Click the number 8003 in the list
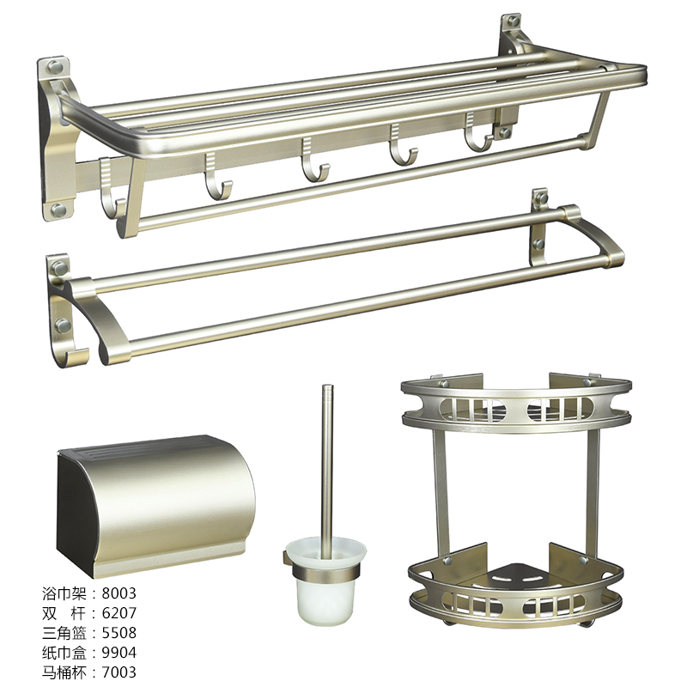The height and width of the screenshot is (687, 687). coord(119,593)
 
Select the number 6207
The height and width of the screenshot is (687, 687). coord(119,613)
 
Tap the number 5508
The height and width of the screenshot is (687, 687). coord(119,633)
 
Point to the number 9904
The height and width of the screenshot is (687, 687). coord(119,653)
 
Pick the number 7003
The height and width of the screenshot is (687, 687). coord(119,672)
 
